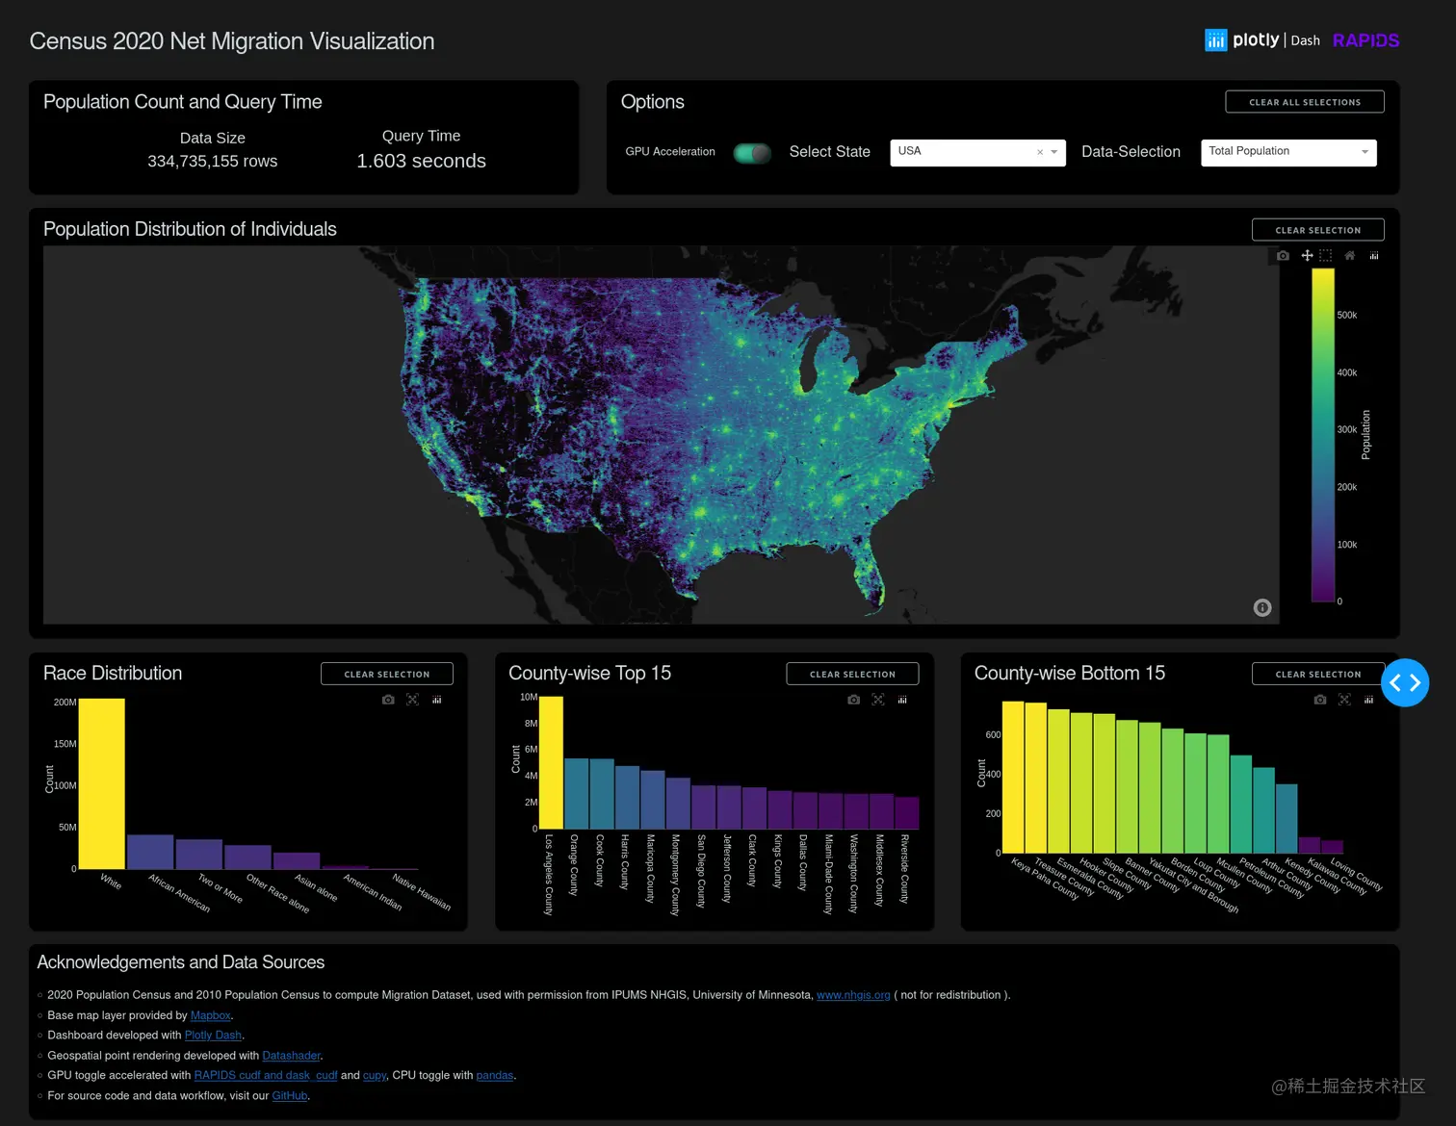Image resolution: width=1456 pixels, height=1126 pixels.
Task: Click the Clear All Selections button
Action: click(1304, 102)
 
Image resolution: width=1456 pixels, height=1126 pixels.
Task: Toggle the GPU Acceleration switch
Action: click(752, 153)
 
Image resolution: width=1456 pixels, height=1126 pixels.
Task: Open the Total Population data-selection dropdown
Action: click(1287, 152)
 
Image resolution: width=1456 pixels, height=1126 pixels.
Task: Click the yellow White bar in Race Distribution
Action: click(101, 783)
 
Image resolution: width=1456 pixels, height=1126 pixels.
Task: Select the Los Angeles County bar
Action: click(551, 762)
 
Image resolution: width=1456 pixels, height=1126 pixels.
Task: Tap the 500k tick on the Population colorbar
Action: click(1346, 316)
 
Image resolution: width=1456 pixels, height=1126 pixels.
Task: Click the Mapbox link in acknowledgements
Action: click(211, 1015)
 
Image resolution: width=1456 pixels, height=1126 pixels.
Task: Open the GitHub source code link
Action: click(289, 1095)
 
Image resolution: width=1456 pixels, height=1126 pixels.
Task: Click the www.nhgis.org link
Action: click(853, 995)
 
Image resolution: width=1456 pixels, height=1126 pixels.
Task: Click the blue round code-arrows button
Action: click(1405, 682)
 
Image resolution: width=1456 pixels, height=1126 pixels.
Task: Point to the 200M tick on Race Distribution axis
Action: click(65, 703)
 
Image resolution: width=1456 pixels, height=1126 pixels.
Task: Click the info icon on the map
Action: click(1262, 607)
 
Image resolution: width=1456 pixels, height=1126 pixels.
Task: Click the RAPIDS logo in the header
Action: click(1365, 40)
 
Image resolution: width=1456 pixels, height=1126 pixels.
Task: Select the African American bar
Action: click(150, 852)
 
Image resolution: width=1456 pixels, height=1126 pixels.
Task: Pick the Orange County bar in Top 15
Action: click(576, 794)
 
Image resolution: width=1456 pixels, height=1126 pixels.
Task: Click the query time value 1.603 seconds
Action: click(421, 161)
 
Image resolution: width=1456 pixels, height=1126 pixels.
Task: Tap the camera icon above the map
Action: click(1283, 256)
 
